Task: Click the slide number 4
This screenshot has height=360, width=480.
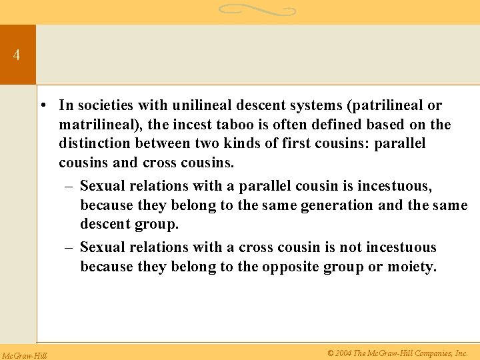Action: coord(16,55)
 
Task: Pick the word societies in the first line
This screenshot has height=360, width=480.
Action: coord(111,105)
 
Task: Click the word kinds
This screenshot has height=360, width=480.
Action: coord(237,144)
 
